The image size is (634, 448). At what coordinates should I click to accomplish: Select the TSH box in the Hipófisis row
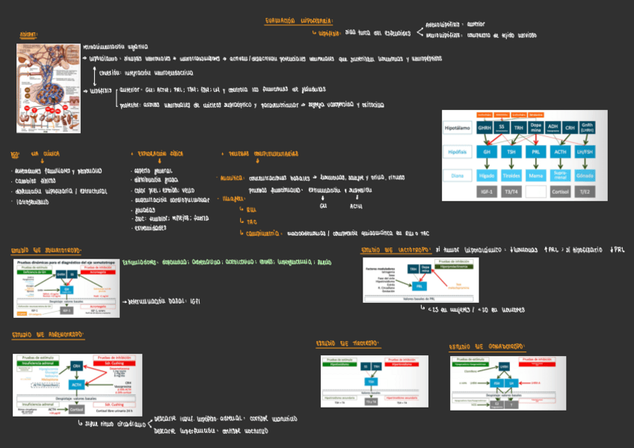click(x=511, y=152)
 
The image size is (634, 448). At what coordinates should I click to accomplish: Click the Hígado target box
click(x=487, y=176)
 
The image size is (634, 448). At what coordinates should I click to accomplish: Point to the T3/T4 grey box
click(x=511, y=191)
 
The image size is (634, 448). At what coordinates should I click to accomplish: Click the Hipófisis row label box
click(x=458, y=152)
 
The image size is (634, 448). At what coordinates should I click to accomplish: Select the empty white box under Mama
click(x=536, y=191)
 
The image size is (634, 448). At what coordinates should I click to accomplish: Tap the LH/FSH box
click(x=585, y=152)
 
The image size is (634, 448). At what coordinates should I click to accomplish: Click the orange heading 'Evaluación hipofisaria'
click(x=299, y=21)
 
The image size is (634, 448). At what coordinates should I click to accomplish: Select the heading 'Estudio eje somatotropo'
click(x=46, y=250)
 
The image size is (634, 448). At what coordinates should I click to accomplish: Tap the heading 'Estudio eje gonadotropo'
click(x=486, y=347)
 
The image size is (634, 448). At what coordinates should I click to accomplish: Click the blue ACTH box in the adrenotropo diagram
click(x=76, y=384)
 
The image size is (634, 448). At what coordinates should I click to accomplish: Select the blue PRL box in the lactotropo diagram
click(x=419, y=286)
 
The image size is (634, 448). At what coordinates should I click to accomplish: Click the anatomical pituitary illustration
click(x=49, y=88)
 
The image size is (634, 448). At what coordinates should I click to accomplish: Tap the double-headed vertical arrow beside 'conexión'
click(x=95, y=75)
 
